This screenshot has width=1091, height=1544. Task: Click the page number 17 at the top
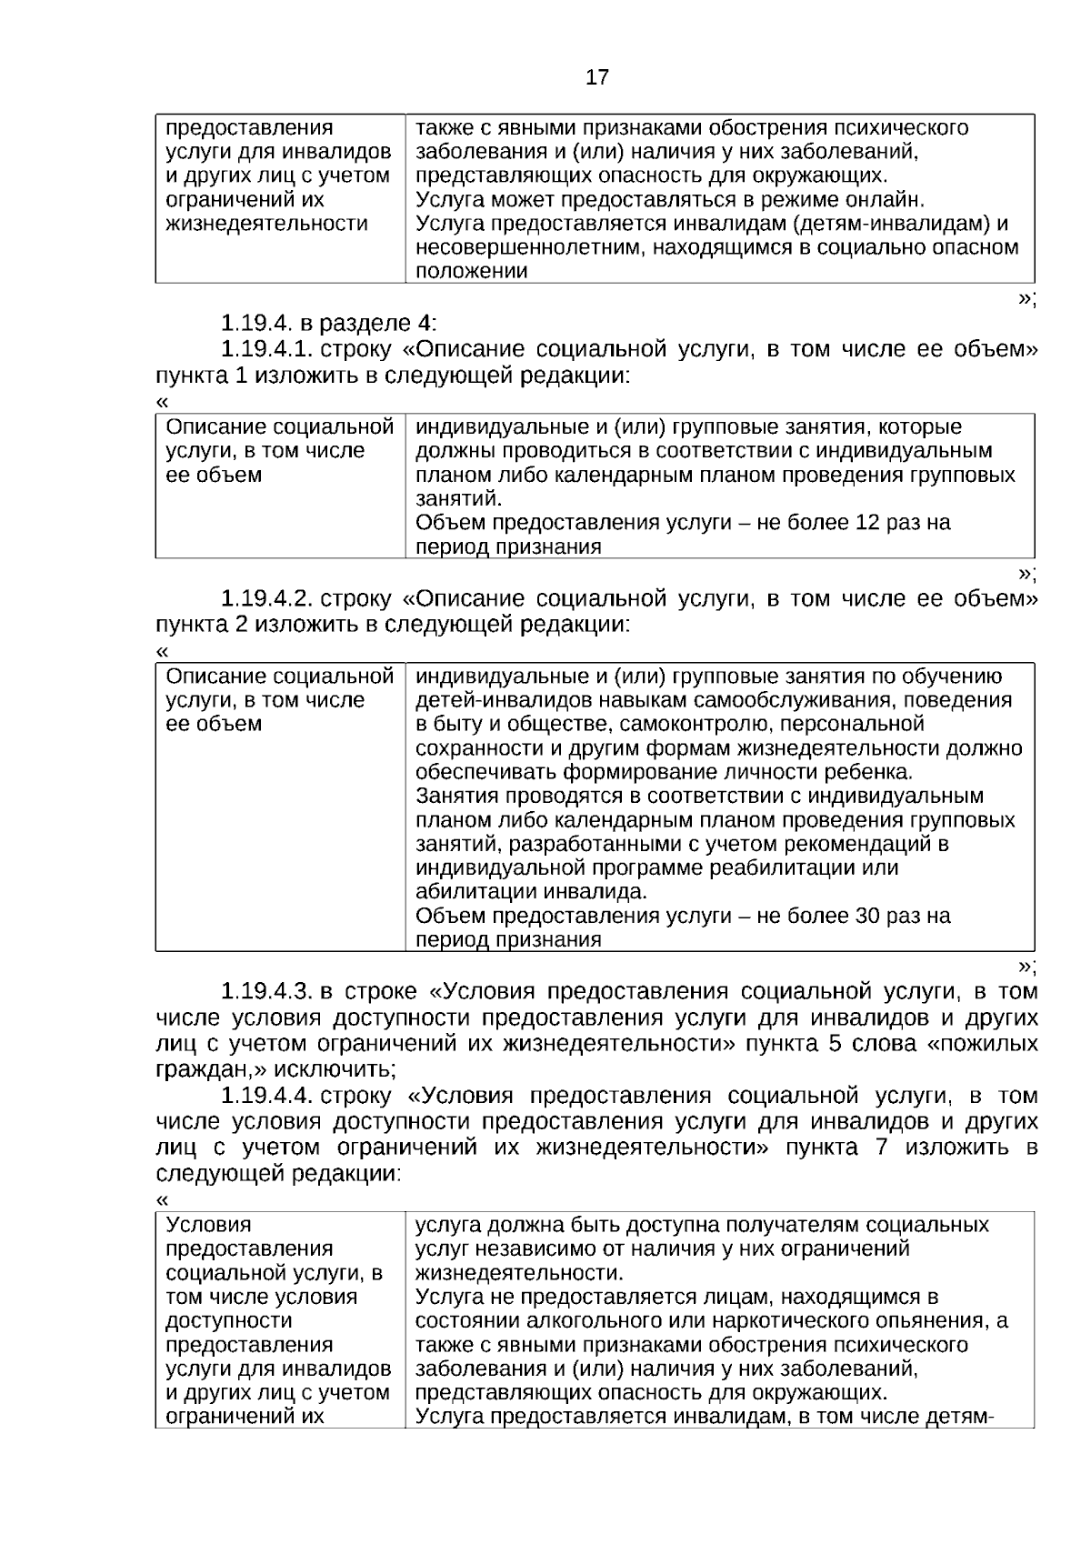[596, 77]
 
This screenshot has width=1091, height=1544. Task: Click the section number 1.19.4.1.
[268, 349]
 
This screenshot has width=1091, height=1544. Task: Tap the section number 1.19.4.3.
[268, 991]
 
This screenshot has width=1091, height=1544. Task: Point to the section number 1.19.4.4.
[268, 1096]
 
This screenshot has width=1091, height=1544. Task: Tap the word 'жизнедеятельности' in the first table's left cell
[266, 224]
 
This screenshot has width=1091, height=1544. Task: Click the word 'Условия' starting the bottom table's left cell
[209, 1225]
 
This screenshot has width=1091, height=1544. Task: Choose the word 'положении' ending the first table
[472, 271]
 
